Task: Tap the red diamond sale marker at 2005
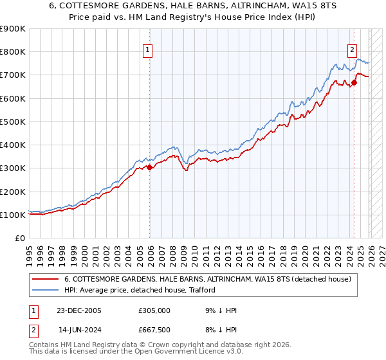[x=150, y=167]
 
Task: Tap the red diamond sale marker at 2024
[x=354, y=82]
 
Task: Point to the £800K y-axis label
[x=13, y=52]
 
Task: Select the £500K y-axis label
[x=13, y=122]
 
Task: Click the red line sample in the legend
[x=45, y=280]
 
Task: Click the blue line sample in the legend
[x=45, y=291]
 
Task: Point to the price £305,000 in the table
[x=154, y=310]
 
